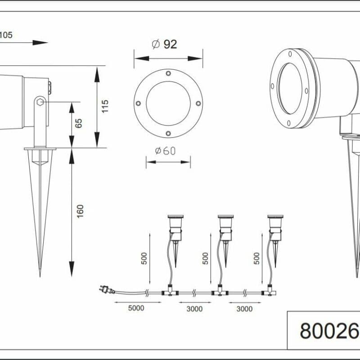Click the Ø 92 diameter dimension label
tap(165, 44)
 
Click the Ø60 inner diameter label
tap(165, 151)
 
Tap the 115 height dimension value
tap(105, 106)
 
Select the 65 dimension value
tap(78, 123)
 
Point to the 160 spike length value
tap(80, 211)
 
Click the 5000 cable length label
tap(136, 308)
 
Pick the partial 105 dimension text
tap(6, 35)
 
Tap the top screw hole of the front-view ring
tap(168, 73)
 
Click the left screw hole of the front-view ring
tap(138, 103)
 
